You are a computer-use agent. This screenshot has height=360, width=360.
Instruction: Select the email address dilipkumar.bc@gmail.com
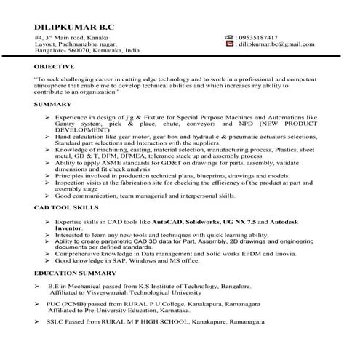click(279, 44)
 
